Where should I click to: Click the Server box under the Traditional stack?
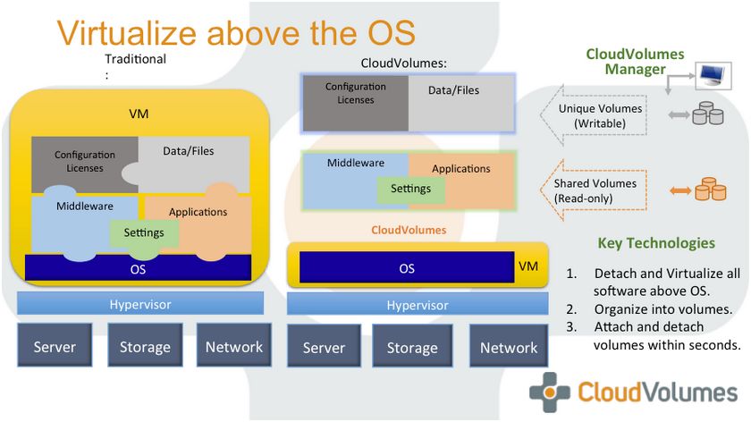click(x=55, y=345)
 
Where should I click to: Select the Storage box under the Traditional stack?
click(x=145, y=345)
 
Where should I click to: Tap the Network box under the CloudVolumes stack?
click(x=509, y=346)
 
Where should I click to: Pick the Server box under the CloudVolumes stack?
click(x=324, y=346)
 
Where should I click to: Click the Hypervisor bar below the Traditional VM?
click(x=140, y=303)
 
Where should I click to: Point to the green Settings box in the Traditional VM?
click(x=144, y=232)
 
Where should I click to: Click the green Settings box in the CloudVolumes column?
click(x=410, y=190)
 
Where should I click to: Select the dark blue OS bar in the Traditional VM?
click(x=138, y=267)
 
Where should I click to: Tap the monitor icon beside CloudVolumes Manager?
click(x=713, y=76)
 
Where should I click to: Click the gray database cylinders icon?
click(x=708, y=114)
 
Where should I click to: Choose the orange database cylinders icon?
click(x=711, y=189)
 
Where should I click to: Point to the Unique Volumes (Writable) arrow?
click(x=594, y=115)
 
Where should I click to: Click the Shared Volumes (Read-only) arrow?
click(x=594, y=190)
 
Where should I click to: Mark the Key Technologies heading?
click(x=656, y=243)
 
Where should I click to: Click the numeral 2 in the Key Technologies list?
click(x=571, y=309)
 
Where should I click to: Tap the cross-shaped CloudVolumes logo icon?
click(x=550, y=392)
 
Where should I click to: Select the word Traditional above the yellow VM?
click(x=136, y=59)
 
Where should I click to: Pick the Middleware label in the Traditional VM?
click(x=85, y=207)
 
